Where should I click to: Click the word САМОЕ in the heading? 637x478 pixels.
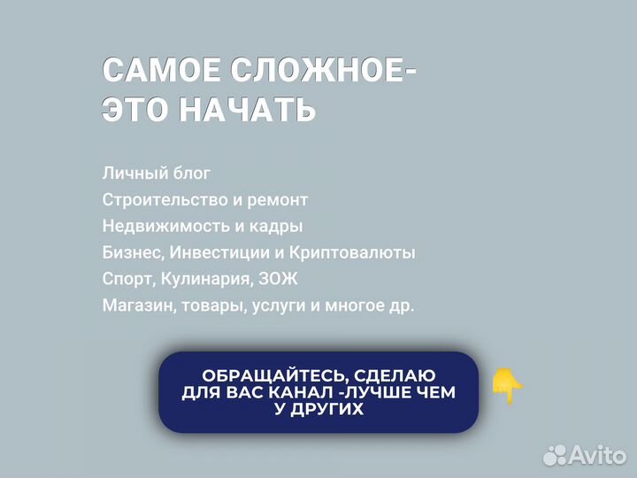(162, 71)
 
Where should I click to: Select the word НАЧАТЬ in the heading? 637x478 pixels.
(248, 110)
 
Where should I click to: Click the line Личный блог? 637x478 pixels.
(157, 173)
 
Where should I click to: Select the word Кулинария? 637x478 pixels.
(207, 279)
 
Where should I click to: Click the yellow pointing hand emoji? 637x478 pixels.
(508, 386)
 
